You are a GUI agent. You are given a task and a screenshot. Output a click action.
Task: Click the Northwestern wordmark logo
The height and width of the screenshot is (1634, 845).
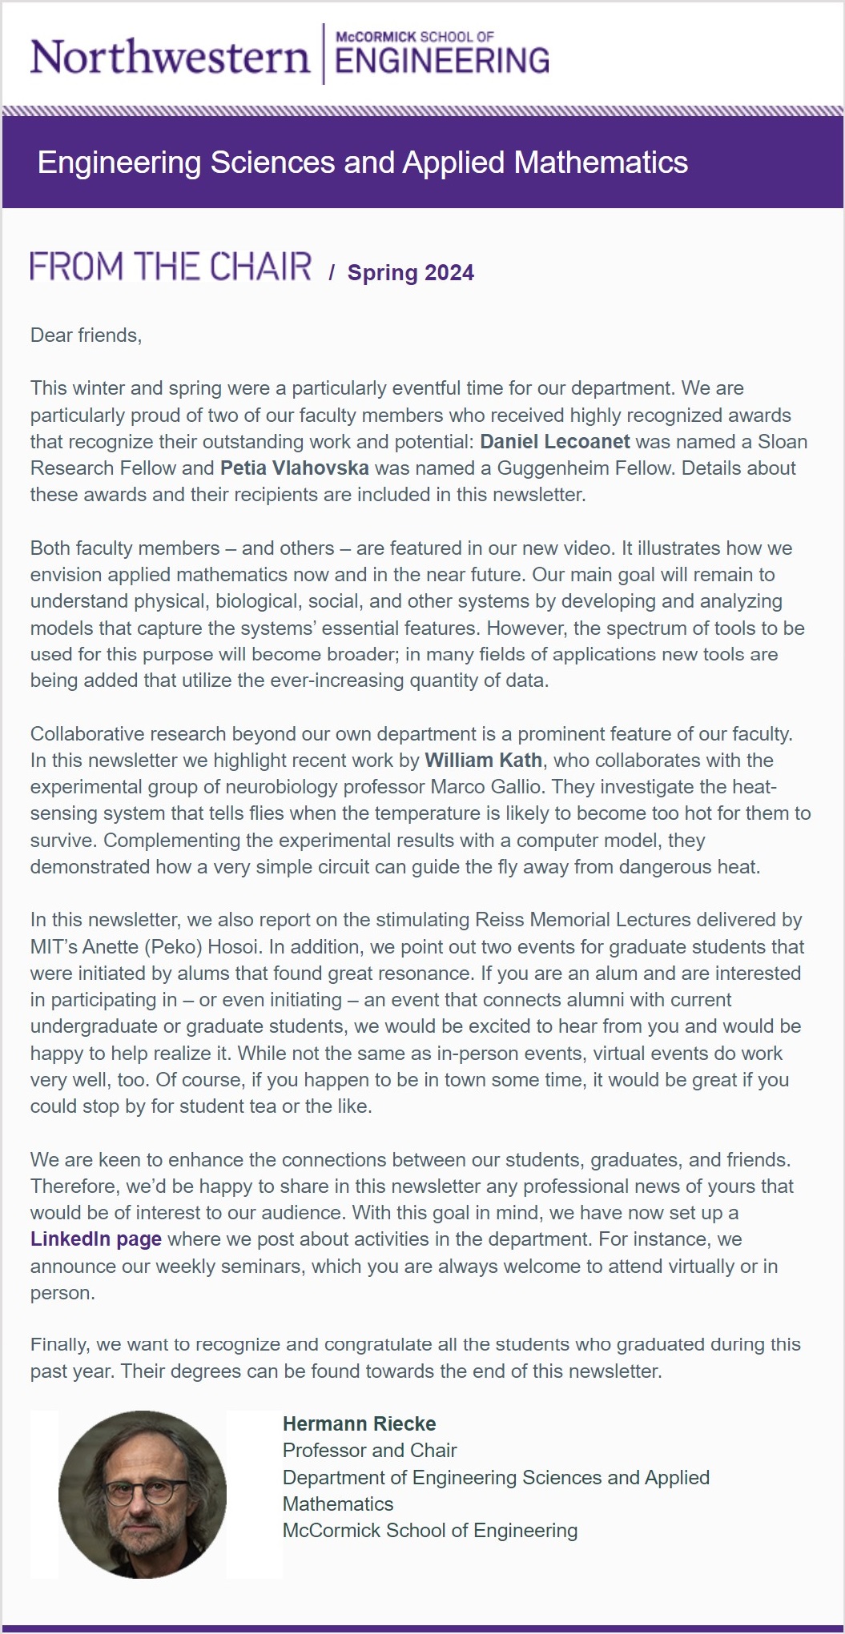pos(169,58)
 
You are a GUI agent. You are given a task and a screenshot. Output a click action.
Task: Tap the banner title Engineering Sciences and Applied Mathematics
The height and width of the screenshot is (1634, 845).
pos(362,163)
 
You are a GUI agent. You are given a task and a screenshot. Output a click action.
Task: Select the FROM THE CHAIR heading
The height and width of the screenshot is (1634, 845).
pos(171,267)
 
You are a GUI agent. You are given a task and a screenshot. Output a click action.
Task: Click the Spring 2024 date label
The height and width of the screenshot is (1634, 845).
pos(410,273)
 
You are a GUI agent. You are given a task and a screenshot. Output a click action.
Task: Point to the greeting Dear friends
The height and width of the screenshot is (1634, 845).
pos(86,335)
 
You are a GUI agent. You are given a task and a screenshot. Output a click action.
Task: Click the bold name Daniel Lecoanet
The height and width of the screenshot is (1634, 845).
pos(554,442)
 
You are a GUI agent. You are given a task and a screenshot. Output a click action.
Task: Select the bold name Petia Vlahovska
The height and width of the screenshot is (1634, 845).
pos(294,468)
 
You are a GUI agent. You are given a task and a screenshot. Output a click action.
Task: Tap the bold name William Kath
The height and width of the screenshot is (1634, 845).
pos(483,761)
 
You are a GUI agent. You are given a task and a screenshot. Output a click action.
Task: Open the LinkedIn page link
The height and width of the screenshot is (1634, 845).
pos(95,1239)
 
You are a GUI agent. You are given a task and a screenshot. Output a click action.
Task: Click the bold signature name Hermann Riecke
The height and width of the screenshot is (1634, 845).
pos(359,1423)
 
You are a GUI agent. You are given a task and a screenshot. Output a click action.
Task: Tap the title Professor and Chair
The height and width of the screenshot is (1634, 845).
pos(369,1450)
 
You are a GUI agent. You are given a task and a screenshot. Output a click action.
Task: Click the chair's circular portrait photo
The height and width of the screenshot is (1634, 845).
pos(143,1494)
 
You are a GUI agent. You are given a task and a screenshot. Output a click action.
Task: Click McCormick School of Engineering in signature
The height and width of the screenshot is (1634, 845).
pos(429,1530)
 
